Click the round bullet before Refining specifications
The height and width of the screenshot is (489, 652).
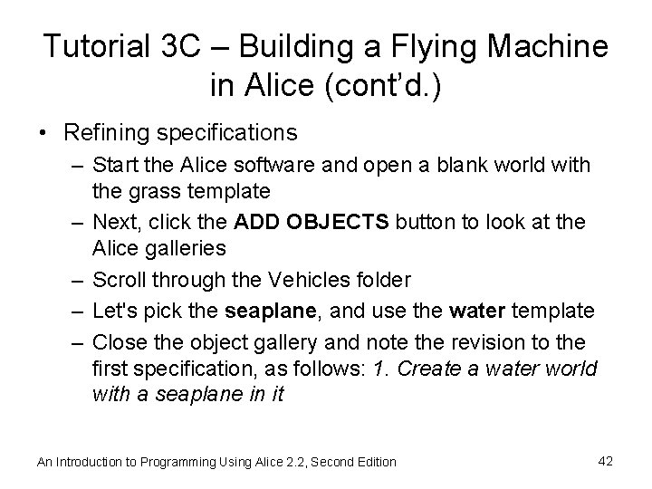[44, 134]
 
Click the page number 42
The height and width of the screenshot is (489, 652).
[605, 461]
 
